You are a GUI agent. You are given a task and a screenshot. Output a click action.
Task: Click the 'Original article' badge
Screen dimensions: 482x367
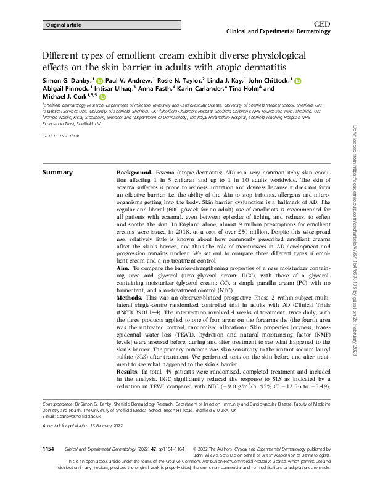click(64, 25)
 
